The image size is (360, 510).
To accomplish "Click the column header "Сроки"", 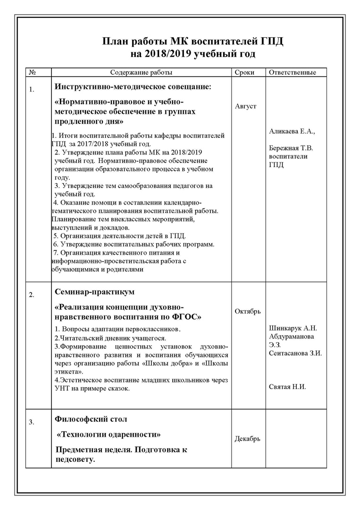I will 244,72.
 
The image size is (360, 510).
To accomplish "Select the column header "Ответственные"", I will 292,72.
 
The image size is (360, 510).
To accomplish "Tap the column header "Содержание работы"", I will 141,72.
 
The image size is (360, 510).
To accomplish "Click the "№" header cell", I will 33,72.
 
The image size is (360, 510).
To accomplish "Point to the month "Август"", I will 246,106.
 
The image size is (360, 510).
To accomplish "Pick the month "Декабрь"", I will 247,439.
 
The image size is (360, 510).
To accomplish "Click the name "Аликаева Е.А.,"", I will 291,131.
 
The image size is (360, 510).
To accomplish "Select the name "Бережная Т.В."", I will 291,148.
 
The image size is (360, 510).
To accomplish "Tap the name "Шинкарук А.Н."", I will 293,328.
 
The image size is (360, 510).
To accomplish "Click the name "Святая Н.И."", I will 287,387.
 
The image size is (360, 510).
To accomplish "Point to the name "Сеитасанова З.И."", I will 295,353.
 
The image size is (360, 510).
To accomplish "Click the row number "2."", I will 32,295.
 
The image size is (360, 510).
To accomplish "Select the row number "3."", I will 32,422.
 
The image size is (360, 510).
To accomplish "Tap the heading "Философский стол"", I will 91,419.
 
